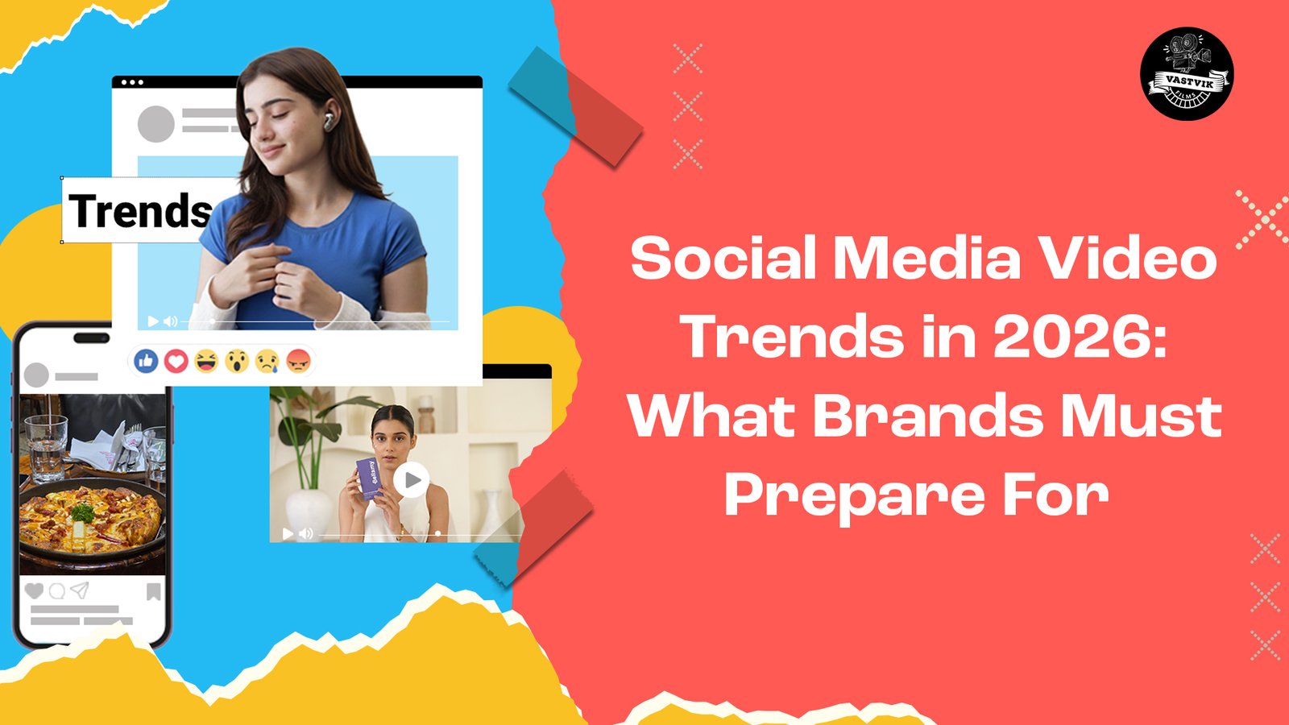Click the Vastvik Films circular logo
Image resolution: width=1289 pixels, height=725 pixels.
tap(1187, 74)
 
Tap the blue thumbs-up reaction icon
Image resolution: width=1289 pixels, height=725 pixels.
tap(146, 362)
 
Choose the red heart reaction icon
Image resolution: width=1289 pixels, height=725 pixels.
tap(176, 362)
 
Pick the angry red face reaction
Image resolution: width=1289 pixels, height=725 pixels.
tap(299, 362)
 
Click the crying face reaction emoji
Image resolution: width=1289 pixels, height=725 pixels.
tap(267, 362)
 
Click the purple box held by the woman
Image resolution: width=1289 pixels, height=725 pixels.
tap(368, 478)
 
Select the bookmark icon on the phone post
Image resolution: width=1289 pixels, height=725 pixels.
tap(153, 592)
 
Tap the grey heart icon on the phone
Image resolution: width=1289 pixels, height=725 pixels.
tap(34, 591)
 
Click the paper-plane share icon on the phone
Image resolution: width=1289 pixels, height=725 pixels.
tap(79, 590)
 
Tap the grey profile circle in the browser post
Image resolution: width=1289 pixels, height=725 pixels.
tap(155, 124)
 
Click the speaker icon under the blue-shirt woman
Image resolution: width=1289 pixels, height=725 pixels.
tap(170, 321)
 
